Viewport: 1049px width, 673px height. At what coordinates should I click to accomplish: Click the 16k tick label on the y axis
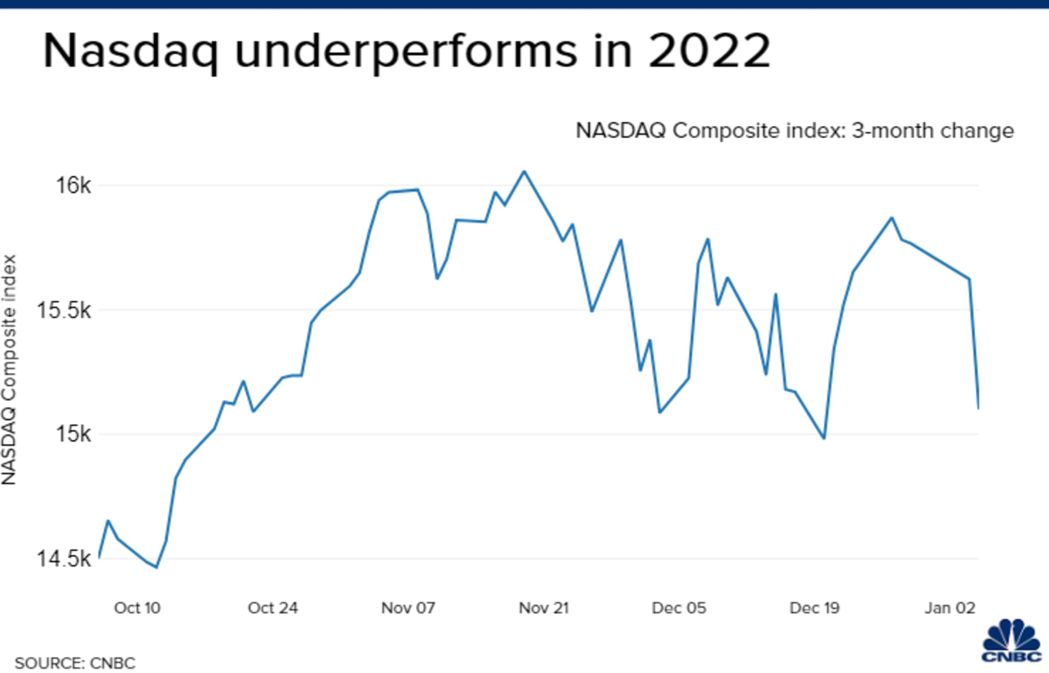[73, 186]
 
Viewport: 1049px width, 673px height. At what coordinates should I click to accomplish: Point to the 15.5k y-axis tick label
[63, 310]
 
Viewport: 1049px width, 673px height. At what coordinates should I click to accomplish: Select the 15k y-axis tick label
[73, 434]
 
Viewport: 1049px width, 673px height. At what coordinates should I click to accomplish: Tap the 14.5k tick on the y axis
[63, 559]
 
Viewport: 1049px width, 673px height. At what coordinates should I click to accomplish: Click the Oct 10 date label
[137, 608]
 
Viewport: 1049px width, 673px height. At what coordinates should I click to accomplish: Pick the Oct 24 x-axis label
[272, 608]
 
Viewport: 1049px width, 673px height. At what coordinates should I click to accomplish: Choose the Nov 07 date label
[408, 608]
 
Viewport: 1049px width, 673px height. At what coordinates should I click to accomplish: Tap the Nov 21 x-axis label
[544, 608]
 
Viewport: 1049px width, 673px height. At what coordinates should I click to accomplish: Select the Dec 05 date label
[679, 608]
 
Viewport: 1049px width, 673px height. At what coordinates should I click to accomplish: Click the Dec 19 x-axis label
[814, 608]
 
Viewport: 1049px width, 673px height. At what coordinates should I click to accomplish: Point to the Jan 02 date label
[950, 608]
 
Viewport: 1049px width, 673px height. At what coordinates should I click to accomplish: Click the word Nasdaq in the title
[131, 51]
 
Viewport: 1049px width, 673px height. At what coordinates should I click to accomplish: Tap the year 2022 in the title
[709, 51]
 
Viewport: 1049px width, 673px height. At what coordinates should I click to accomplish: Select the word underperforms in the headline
[406, 51]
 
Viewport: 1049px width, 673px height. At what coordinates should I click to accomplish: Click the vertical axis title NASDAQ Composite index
[9, 369]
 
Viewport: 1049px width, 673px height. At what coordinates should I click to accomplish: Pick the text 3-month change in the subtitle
[933, 131]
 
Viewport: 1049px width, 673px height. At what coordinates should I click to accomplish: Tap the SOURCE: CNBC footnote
[75, 663]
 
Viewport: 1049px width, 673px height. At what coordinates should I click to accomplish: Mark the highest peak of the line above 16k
[524, 171]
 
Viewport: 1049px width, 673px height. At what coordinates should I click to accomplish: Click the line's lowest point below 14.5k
[157, 567]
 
